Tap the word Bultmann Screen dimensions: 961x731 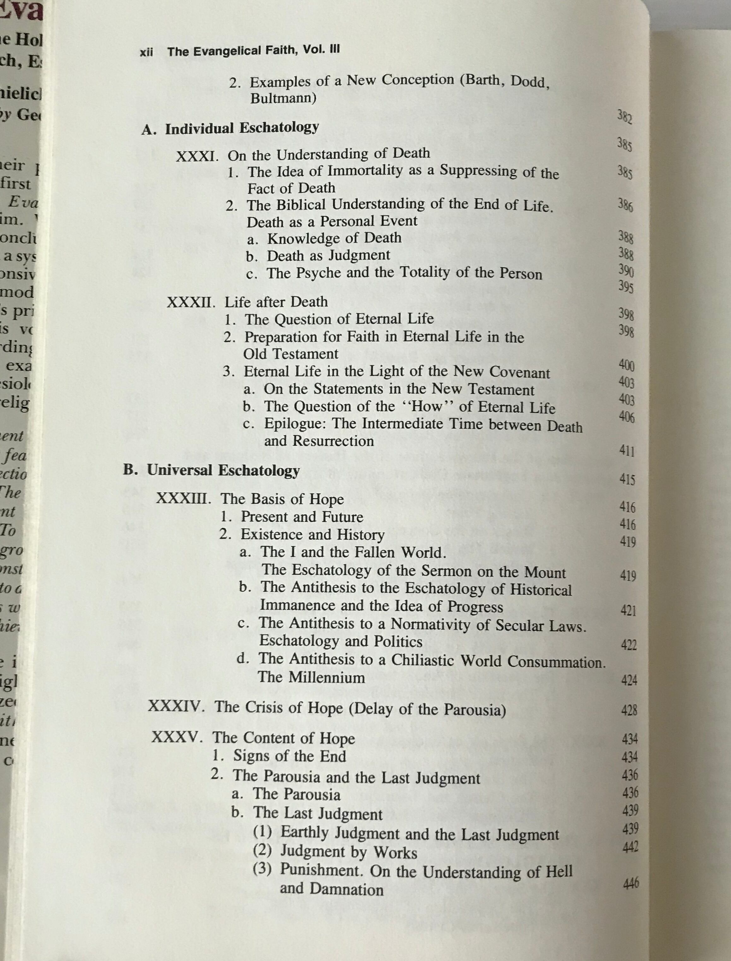[x=283, y=98]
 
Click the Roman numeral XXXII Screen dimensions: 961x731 [x=191, y=302]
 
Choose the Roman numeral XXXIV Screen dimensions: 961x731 [x=176, y=706]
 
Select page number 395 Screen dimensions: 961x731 [x=626, y=287]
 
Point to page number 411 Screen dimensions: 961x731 [x=627, y=451]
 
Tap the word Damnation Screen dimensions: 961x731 [x=346, y=889]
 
